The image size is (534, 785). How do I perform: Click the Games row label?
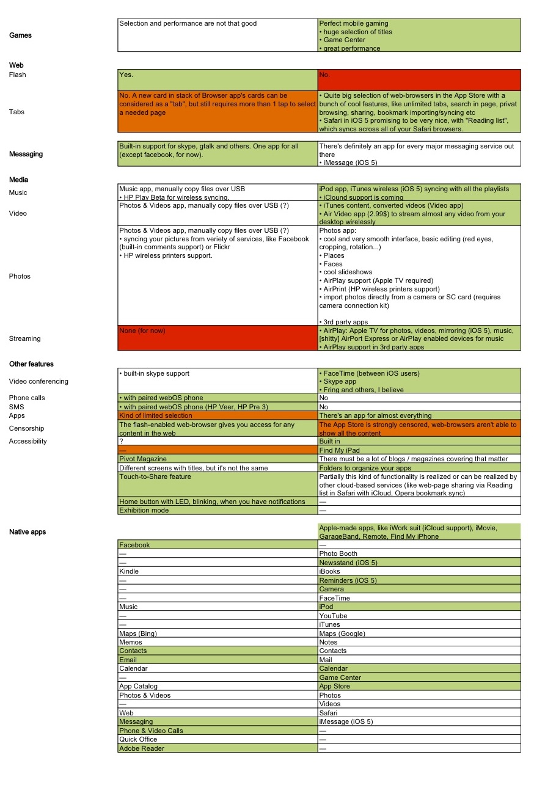pos(20,35)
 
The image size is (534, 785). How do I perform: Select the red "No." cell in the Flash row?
pos(419,79)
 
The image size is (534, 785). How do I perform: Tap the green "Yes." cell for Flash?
pos(218,79)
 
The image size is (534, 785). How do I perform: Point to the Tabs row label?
pos(17,112)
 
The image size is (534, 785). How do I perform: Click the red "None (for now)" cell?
pos(218,338)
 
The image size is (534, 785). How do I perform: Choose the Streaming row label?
pos(25,338)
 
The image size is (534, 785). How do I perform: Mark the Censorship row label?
pos(27,428)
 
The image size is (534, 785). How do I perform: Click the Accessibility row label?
pos(28,441)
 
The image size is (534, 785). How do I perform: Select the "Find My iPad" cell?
pos(419,450)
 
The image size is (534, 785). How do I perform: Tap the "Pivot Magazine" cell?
pos(218,459)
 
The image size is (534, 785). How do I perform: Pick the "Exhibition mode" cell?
pos(218,510)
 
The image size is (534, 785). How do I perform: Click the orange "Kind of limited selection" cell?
pos(218,415)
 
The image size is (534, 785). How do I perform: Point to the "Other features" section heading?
pos(31,364)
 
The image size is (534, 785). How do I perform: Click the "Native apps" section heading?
pos(27,532)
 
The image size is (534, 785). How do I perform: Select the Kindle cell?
pos(218,571)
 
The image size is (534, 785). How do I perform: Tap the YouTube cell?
pos(419,616)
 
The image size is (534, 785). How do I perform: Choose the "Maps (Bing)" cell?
pos(218,633)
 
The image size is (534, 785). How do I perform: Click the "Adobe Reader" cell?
pos(218,748)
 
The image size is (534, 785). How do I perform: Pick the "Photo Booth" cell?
pos(419,553)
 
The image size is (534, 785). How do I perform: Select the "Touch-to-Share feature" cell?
pos(218,484)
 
